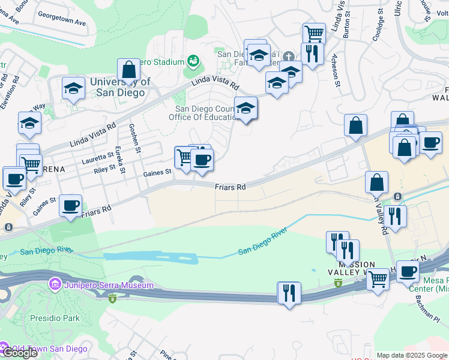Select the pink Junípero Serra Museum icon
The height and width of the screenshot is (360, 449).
[55, 283]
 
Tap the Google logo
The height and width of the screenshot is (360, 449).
[19, 352]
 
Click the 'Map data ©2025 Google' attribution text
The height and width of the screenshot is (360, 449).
[412, 355]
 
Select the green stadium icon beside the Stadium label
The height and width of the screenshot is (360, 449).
[193, 61]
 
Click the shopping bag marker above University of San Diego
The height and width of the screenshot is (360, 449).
[129, 70]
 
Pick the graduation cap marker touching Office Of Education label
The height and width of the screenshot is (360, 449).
[246, 109]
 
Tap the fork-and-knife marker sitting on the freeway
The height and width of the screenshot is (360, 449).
[289, 293]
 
